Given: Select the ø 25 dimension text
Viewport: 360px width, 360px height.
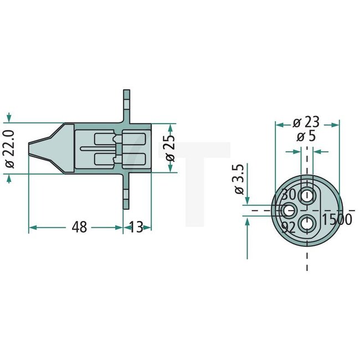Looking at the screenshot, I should tap(170, 147).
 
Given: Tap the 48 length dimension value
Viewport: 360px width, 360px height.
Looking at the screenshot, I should tap(80, 227).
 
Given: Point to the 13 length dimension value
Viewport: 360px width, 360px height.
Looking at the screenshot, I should tap(136, 227).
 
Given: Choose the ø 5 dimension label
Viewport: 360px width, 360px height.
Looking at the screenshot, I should tap(306, 137).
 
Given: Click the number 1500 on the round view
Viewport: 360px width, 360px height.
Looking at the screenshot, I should tap(337, 219).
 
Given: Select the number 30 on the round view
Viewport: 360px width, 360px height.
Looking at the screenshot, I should tap(289, 195).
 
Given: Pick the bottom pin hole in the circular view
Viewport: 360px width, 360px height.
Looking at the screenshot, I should tap(307, 224).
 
